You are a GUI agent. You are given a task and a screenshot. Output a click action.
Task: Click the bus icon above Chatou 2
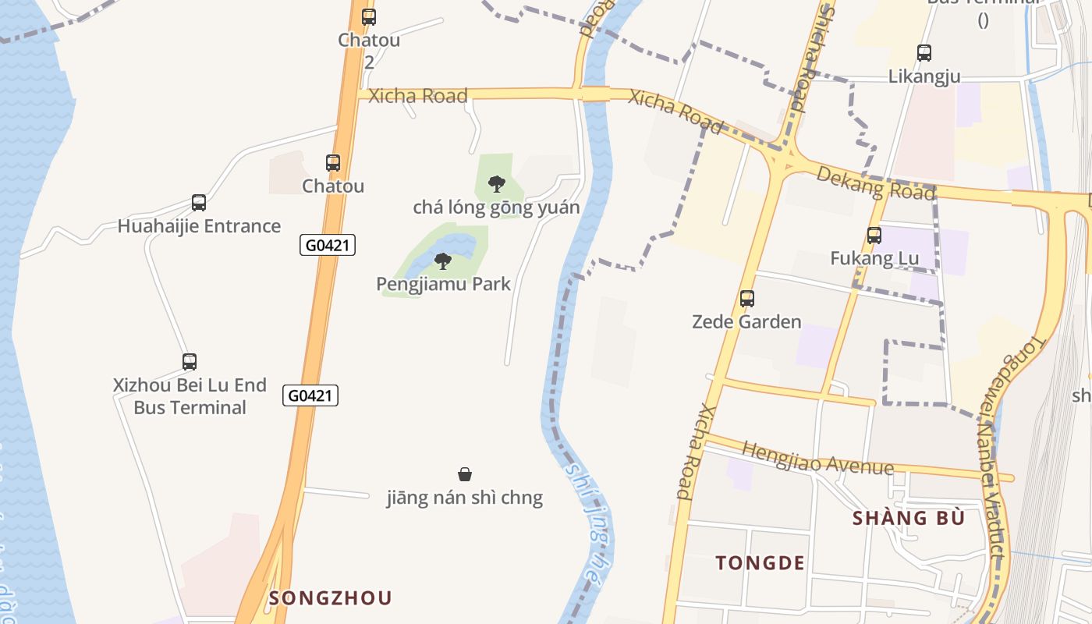point(368,16)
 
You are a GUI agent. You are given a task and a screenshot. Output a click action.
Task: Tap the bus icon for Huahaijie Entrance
point(199,203)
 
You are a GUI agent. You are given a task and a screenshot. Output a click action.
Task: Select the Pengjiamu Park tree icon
point(443,261)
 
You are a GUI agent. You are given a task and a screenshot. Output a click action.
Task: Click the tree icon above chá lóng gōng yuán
point(496,184)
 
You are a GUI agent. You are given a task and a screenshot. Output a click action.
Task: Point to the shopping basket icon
point(465,474)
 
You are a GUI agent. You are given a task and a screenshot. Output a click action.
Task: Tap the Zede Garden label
point(746,321)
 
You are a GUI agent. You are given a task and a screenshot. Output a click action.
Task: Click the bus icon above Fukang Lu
point(874,235)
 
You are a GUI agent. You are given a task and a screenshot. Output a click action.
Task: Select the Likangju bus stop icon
point(924,53)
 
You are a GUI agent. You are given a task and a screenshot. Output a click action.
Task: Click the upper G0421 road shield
point(328,245)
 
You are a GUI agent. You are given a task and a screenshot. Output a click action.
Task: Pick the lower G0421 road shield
point(310,395)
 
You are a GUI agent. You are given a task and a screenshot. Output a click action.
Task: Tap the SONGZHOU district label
point(330,598)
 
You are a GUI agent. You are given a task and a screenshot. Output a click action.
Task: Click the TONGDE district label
point(760,563)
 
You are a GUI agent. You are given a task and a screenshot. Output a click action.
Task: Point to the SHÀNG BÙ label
point(909,519)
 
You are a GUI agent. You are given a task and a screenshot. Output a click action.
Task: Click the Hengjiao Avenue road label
point(817,459)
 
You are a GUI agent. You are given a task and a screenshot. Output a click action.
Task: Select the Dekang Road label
point(875,183)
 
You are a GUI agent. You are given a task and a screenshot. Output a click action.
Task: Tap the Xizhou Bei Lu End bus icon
point(190,362)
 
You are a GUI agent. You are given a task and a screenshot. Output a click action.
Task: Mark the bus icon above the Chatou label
point(333,163)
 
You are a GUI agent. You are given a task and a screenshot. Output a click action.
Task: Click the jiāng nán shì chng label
point(465,498)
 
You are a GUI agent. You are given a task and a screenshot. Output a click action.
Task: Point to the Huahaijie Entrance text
point(199,226)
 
